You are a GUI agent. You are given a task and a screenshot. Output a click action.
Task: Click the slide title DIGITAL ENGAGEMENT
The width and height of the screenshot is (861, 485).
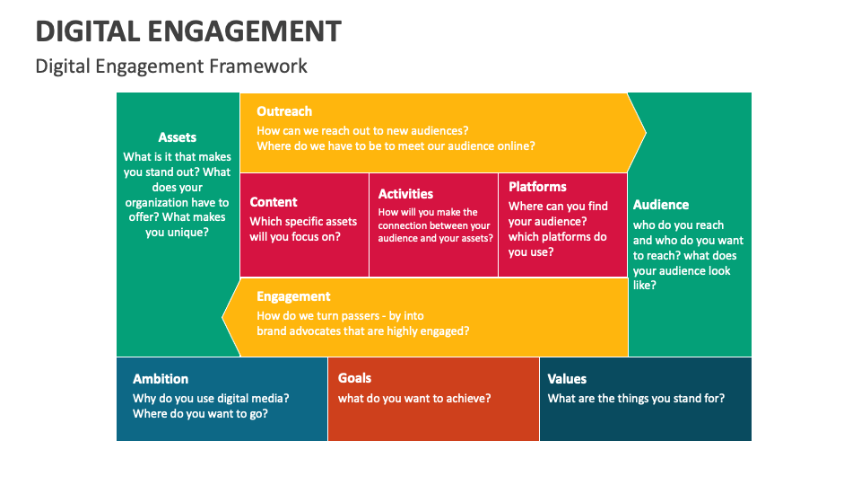point(188,31)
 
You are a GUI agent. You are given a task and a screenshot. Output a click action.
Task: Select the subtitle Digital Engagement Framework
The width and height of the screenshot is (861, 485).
point(171,66)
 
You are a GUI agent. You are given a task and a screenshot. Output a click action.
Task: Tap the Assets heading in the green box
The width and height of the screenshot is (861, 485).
point(178,137)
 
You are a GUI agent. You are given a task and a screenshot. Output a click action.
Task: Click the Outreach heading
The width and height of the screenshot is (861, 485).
point(284,111)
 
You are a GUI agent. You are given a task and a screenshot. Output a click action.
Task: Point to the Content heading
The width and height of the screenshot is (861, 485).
point(274,202)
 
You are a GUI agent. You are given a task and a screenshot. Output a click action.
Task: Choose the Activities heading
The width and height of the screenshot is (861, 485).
point(405,194)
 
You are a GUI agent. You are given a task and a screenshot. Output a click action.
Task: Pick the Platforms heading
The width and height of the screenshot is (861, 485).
point(537,187)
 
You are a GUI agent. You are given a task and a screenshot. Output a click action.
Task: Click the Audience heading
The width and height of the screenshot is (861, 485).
point(661,205)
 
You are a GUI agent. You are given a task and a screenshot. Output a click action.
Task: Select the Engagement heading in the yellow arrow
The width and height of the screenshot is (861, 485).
point(293,296)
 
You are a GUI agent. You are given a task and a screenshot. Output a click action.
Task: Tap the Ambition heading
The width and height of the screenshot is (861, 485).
point(161,379)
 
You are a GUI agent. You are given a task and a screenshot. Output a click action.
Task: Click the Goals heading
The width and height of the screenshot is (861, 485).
point(354,378)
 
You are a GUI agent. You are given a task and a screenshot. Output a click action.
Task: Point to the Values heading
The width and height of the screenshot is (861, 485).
point(567,379)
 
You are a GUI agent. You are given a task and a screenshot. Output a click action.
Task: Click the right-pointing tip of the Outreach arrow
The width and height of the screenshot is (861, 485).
point(643,134)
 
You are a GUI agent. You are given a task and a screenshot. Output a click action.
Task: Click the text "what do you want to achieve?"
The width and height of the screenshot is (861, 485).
point(414,398)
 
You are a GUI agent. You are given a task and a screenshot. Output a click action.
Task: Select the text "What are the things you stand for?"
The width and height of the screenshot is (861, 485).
point(636,398)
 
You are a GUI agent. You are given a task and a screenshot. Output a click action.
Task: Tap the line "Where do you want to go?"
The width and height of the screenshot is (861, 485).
point(200,414)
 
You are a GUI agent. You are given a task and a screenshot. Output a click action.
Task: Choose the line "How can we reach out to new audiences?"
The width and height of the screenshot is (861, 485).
point(362,130)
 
